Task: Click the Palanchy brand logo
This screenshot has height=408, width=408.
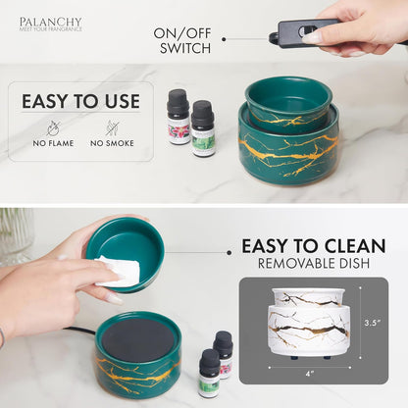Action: click(x=51, y=24)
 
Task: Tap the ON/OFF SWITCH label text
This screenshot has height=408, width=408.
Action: click(x=183, y=40)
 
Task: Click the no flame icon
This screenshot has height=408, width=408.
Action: click(x=53, y=127)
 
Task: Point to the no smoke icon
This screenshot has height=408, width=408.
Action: click(x=112, y=127)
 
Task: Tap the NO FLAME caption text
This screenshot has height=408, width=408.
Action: click(x=53, y=143)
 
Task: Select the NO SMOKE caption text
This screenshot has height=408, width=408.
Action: click(x=112, y=143)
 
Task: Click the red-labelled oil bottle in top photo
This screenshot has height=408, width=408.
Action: click(x=178, y=118)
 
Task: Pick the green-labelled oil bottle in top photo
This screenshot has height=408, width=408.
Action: click(x=203, y=128)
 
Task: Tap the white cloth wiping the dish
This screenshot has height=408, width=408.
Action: click(x=118, y=272)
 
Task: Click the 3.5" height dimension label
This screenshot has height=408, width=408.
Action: click(x=371, y=321)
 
